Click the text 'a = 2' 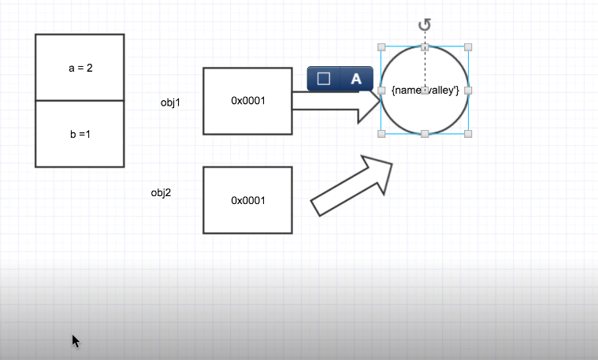click(x=80, y=68)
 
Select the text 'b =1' click(x=80, y=134)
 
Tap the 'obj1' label click(x=171, y=102)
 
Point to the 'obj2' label click(x=161, y=192)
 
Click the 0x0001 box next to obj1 click(x=247, y=101)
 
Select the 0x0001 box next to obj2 click(x=247, y=200)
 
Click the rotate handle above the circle click(x=425, y=25)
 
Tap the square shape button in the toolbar click(x=323, y=79)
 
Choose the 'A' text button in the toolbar click(x=356, y=79)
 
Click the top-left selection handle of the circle click(x=382, y=47)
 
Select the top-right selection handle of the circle click(x=468, y=47)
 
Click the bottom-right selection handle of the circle click(x=468, y=134)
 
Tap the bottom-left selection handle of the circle click(x=382, y=134)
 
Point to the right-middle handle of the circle click(x=468, y=91)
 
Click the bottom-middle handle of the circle click(x=425, y=134)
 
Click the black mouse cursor click(x=76, y=340)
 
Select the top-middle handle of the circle click(x=425, y=47)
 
